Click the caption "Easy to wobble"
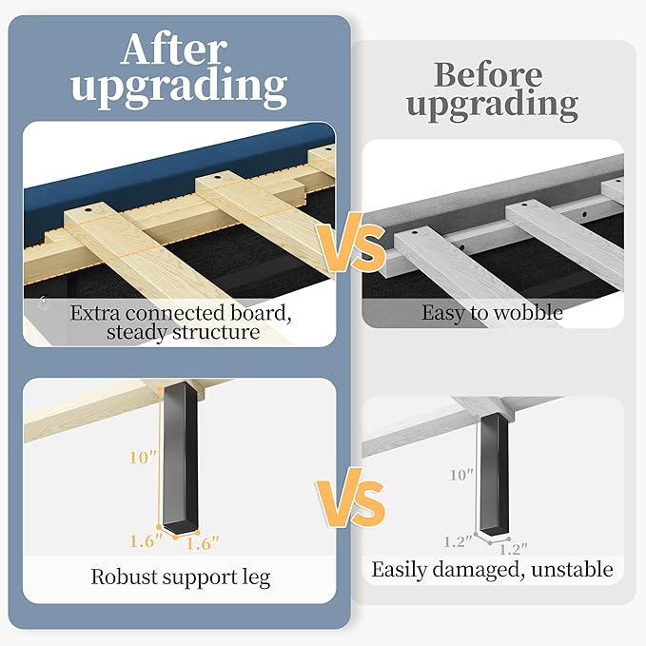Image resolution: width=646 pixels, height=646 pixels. [493, 311]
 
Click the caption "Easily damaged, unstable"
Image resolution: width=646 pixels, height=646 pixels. [492, 570]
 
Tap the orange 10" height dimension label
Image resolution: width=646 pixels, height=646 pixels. [143, 458]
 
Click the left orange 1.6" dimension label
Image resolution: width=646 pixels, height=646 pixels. [147, 542]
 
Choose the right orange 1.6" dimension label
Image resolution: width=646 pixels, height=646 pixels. [203, 542]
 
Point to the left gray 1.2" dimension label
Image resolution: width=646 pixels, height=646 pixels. [458, 540]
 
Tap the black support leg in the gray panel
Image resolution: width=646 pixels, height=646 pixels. [493, 476]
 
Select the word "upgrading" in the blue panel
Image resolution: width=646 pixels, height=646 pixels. [178, 88]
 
